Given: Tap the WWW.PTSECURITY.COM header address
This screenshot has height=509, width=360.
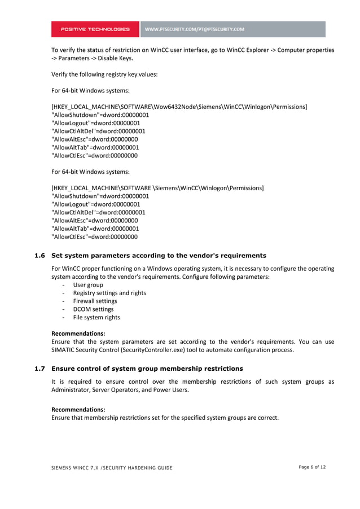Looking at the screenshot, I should pos(195,29).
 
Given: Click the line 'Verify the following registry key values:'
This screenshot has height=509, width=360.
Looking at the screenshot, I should pos(104,74).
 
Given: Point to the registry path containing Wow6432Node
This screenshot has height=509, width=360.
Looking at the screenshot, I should pos(179,107).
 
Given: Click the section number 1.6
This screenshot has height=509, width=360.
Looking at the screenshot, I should pos(39,256).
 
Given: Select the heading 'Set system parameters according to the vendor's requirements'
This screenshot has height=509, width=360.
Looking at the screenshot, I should pos(159,256).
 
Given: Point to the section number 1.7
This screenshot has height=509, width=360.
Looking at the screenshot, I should pos(39,368).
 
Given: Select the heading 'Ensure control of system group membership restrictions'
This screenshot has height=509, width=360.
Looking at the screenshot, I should pos(147,368).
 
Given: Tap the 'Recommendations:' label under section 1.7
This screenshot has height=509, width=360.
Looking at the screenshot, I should pos(78,409).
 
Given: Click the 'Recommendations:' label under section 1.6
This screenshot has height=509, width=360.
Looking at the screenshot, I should pos(78,334).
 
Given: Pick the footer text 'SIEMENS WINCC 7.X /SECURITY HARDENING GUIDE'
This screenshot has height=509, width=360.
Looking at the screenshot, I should pos(112,468).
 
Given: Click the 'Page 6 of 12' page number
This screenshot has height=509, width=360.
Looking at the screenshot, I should pos(312,467).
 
